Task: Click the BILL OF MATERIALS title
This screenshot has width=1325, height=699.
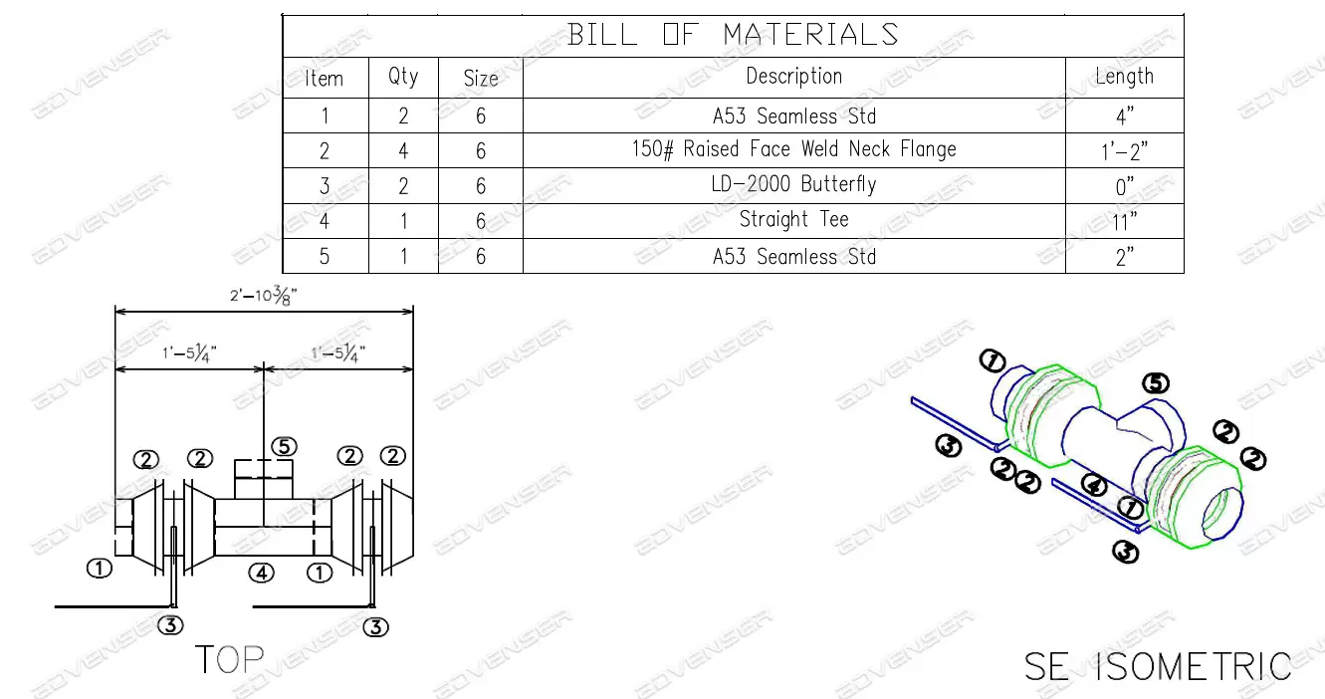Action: [x=733, y=35]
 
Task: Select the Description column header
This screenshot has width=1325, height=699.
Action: [x=793, y=77]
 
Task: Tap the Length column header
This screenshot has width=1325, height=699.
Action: [x=1124, y=77]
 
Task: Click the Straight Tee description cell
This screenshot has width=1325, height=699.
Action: [x=793, y=220]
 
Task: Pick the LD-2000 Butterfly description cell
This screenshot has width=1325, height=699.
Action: [x=793, y=185]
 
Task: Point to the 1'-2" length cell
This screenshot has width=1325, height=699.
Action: [x=1124, y=150]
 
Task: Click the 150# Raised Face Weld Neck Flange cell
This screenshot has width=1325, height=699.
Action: [x=793, y=150]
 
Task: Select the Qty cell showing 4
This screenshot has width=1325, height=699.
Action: [x=403, y=150]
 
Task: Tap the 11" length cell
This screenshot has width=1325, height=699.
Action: [x=1124, y=221]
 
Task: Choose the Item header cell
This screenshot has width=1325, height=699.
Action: [x=325, y=78]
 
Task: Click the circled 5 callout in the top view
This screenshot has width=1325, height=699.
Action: [x=284, y=447]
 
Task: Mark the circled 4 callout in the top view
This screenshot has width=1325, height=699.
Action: [x=261, y=573]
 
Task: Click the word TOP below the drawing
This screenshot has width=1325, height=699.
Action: [x=229, y=659]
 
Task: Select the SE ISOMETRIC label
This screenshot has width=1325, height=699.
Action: [x=1158, y=666]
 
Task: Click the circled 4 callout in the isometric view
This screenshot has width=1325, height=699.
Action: [x=1094, y=487]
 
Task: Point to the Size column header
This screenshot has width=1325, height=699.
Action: [x=481, y=78]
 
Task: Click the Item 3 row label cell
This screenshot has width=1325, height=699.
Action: [x=325, y=186]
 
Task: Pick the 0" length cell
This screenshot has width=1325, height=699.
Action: [x=1124, y=186]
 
